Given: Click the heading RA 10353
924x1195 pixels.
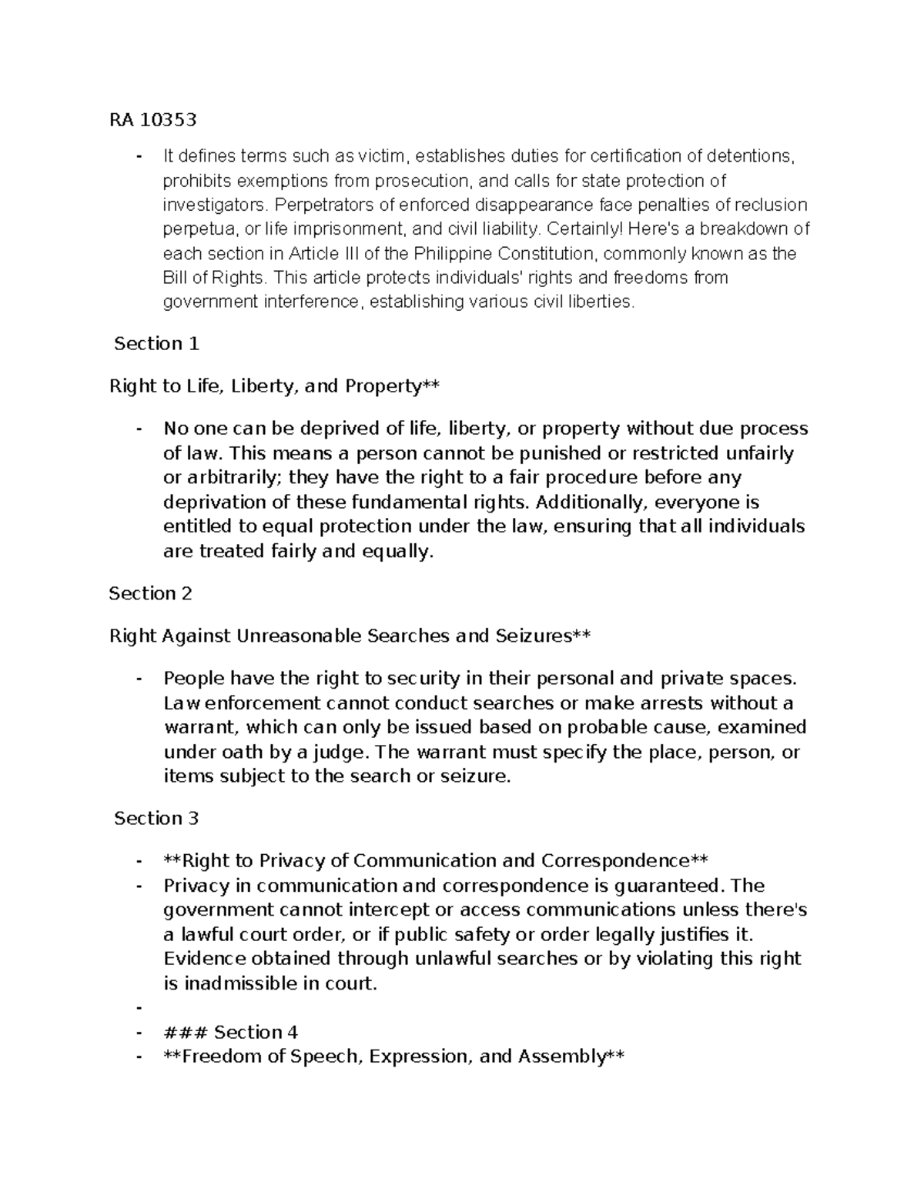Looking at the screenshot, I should [153, 120].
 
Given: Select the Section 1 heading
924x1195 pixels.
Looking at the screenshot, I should [156, 344].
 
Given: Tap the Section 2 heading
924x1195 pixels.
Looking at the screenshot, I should [151, 593].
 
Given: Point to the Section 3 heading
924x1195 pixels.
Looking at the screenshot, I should [156, 818].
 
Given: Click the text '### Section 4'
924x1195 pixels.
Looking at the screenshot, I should [230, 1032].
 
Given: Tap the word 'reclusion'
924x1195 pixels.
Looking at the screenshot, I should [770, 205].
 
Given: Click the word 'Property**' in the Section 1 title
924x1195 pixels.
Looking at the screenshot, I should [392, 386].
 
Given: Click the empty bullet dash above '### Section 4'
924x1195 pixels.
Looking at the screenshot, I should [139, 1008].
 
